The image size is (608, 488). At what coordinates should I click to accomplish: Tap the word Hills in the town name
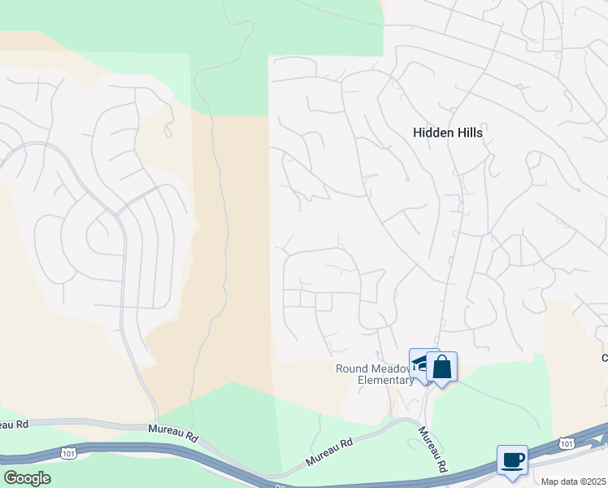(x=470, y=133)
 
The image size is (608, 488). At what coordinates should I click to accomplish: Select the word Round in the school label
(x=351, y=368)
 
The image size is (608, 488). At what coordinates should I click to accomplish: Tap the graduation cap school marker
(x=420, y=364)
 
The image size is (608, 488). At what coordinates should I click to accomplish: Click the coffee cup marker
(x=512, y=460)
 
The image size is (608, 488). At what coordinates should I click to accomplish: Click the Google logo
(x=26, y=478)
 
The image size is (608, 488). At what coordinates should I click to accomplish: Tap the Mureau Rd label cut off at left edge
(x=14, y=425)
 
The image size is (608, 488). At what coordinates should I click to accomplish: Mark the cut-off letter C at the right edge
(x=604, y=358)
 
